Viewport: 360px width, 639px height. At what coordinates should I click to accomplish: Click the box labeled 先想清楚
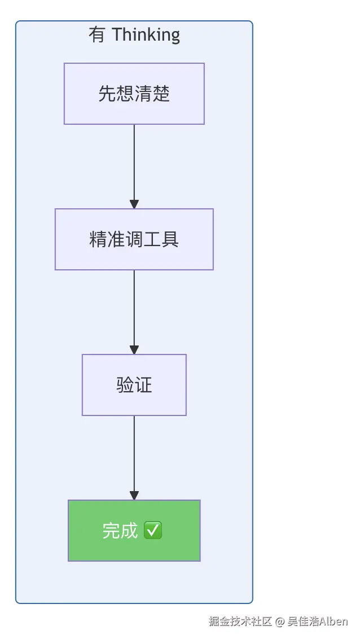134,94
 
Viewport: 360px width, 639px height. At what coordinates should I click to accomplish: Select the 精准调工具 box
134,239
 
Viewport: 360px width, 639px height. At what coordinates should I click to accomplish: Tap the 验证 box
134,385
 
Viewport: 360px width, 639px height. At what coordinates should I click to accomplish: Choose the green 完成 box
134,531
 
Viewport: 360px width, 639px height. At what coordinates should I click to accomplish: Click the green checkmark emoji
153,531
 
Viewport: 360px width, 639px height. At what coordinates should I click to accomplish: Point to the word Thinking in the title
146,35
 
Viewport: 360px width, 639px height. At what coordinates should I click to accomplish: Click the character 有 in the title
97,34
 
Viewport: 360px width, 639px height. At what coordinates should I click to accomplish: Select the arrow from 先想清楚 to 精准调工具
134,167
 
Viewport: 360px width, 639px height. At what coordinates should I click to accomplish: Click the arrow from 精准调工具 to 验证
134,312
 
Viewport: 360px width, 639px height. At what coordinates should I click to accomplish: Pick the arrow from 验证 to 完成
134,458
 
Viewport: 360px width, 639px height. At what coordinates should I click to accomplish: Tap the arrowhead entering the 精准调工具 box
134,204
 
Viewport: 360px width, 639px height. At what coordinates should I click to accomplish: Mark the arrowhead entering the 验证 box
134,349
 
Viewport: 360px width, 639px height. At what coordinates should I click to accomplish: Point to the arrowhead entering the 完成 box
134,495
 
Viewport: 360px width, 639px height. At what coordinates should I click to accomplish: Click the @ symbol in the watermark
279,622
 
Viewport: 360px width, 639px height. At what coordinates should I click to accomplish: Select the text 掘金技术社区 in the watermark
240,622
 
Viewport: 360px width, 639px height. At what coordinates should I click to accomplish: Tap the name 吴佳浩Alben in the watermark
318,622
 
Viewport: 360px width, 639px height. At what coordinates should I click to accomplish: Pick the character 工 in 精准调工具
152,239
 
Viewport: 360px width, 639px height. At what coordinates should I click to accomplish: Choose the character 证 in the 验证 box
143,385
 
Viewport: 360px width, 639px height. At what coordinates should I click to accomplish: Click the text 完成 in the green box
120,531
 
